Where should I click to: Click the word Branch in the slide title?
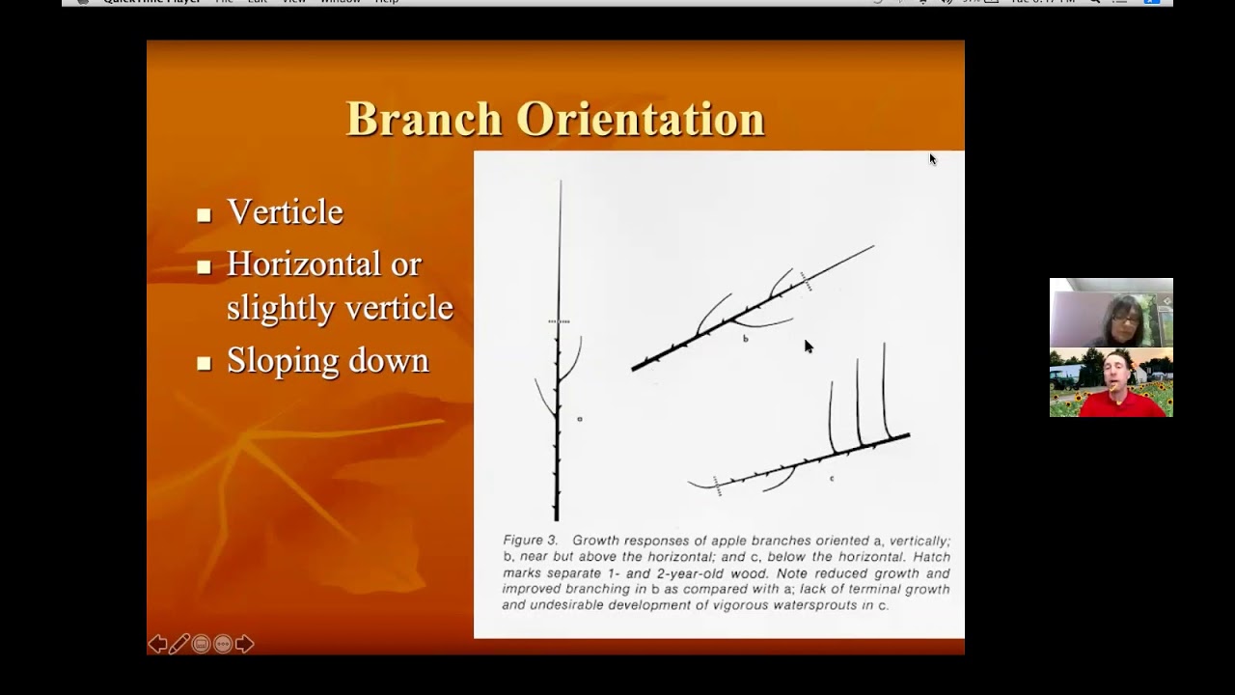coord(424,120)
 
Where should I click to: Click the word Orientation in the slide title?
coord(640,120)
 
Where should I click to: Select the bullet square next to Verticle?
coord(204,215)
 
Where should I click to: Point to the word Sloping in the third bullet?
coord(279,360)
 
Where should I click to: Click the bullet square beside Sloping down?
coord(204,364)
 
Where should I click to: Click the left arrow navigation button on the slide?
coord(156,644)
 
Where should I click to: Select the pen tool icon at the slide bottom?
coord(178,644)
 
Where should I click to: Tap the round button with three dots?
coord(223,644)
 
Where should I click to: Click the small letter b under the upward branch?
coord(745,339)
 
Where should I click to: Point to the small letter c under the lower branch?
coord(832,478)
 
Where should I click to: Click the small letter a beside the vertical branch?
coord(580,419)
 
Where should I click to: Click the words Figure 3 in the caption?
coord(530,540)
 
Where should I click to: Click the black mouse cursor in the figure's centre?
coord(808,347)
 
